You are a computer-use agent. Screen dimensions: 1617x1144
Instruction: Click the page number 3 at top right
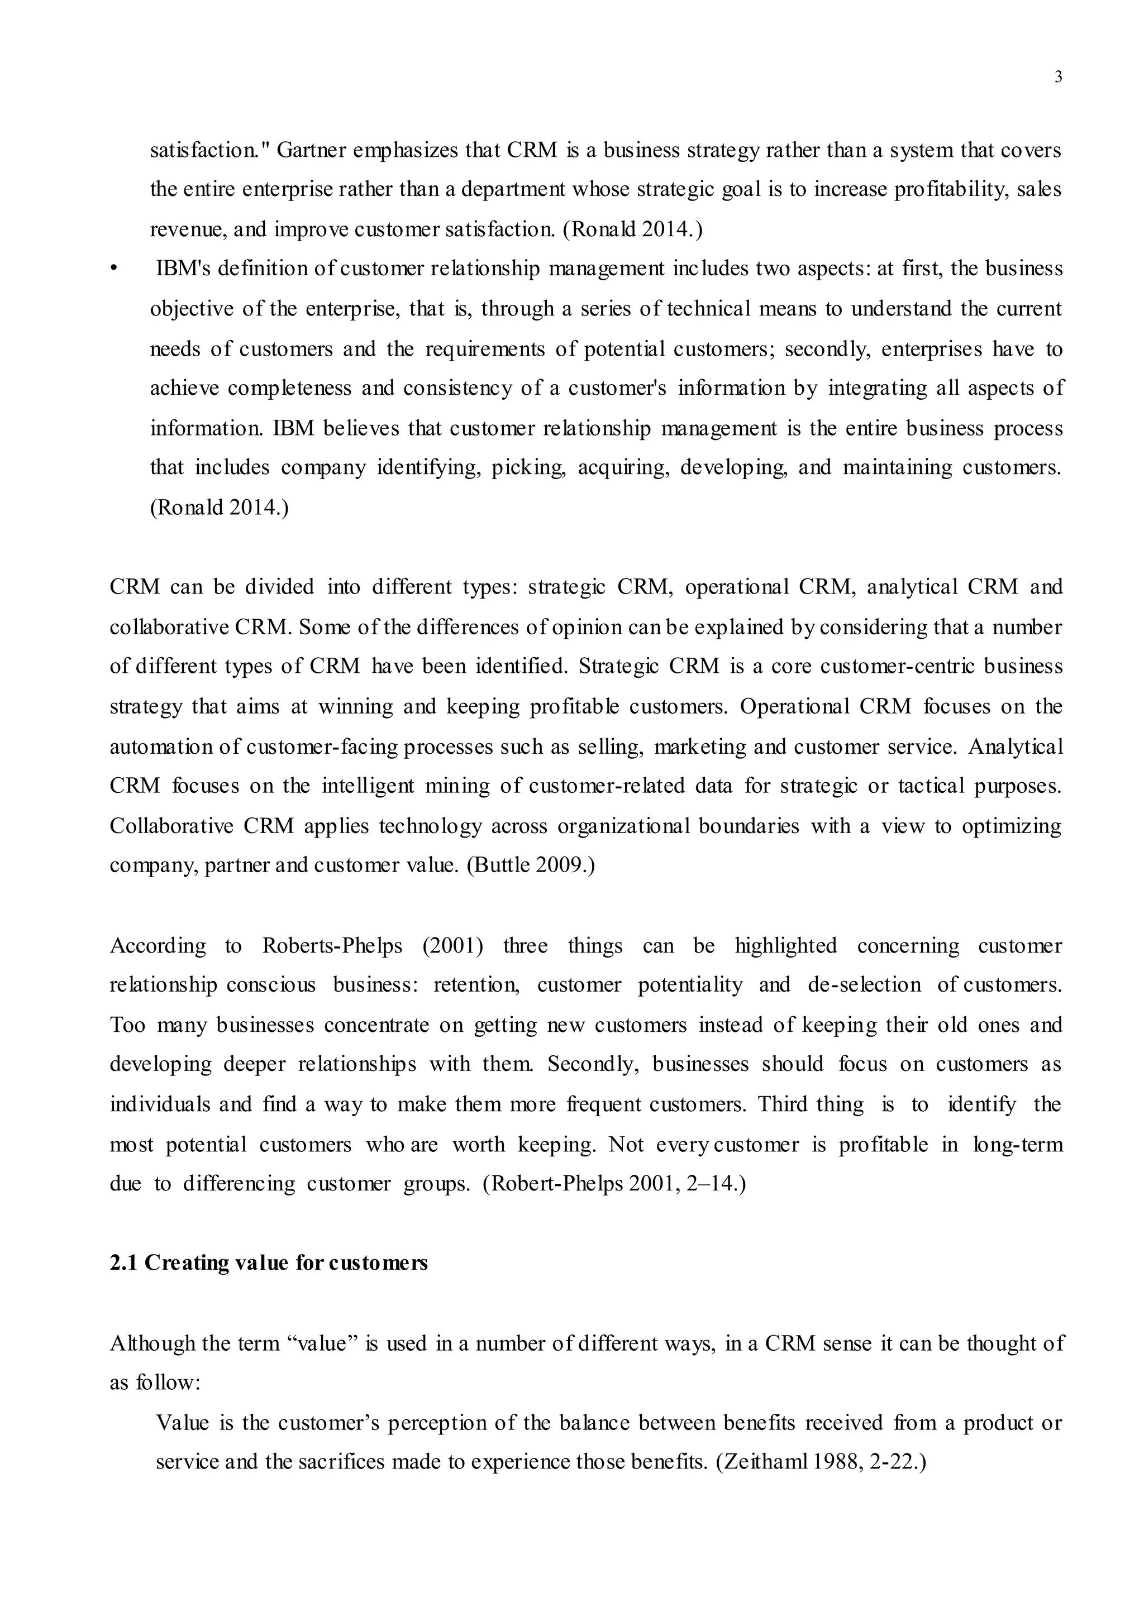1057,78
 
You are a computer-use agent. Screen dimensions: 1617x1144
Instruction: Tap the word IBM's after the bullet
183,269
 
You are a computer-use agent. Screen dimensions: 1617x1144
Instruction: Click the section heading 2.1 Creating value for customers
268,1263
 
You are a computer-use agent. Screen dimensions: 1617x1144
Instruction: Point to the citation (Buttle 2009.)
531,865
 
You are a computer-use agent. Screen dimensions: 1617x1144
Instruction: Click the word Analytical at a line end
1015,747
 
